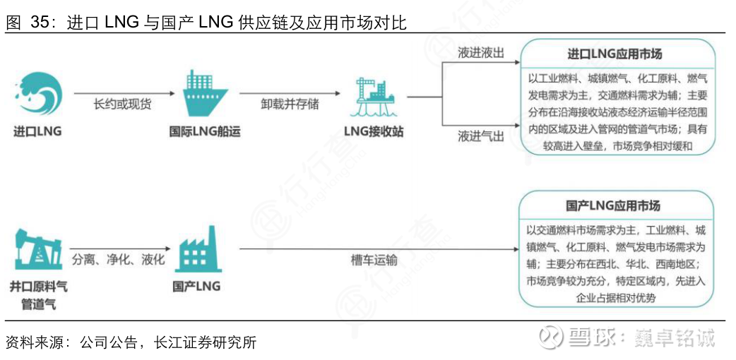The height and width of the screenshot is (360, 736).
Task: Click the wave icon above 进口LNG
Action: pos(38,96)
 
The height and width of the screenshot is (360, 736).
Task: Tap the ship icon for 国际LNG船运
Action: pos(206,95)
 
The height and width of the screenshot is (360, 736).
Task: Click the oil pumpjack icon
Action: pos(38,251)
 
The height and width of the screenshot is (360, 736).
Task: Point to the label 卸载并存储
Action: pos(290,104)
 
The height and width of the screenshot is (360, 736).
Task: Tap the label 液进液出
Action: pos(480,54)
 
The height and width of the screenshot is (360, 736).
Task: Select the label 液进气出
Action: pos(480,136)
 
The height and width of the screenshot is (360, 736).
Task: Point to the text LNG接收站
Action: pos(374,132)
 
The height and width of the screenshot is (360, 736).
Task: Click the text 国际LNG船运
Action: pos(206,132)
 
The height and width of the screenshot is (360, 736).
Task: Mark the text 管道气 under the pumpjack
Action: pos(38,305)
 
